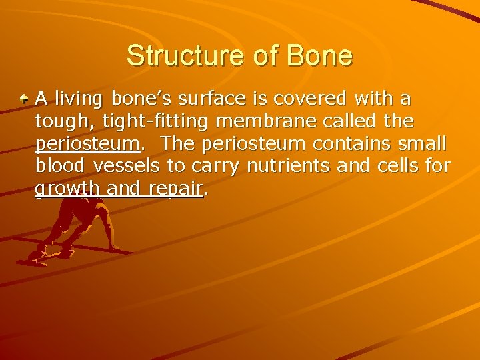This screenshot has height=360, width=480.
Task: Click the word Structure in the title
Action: click(x=175, y=55)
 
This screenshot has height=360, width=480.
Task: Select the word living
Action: click(x=77, y=100)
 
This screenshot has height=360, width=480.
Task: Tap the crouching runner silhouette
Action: click(x=80, y=227)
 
